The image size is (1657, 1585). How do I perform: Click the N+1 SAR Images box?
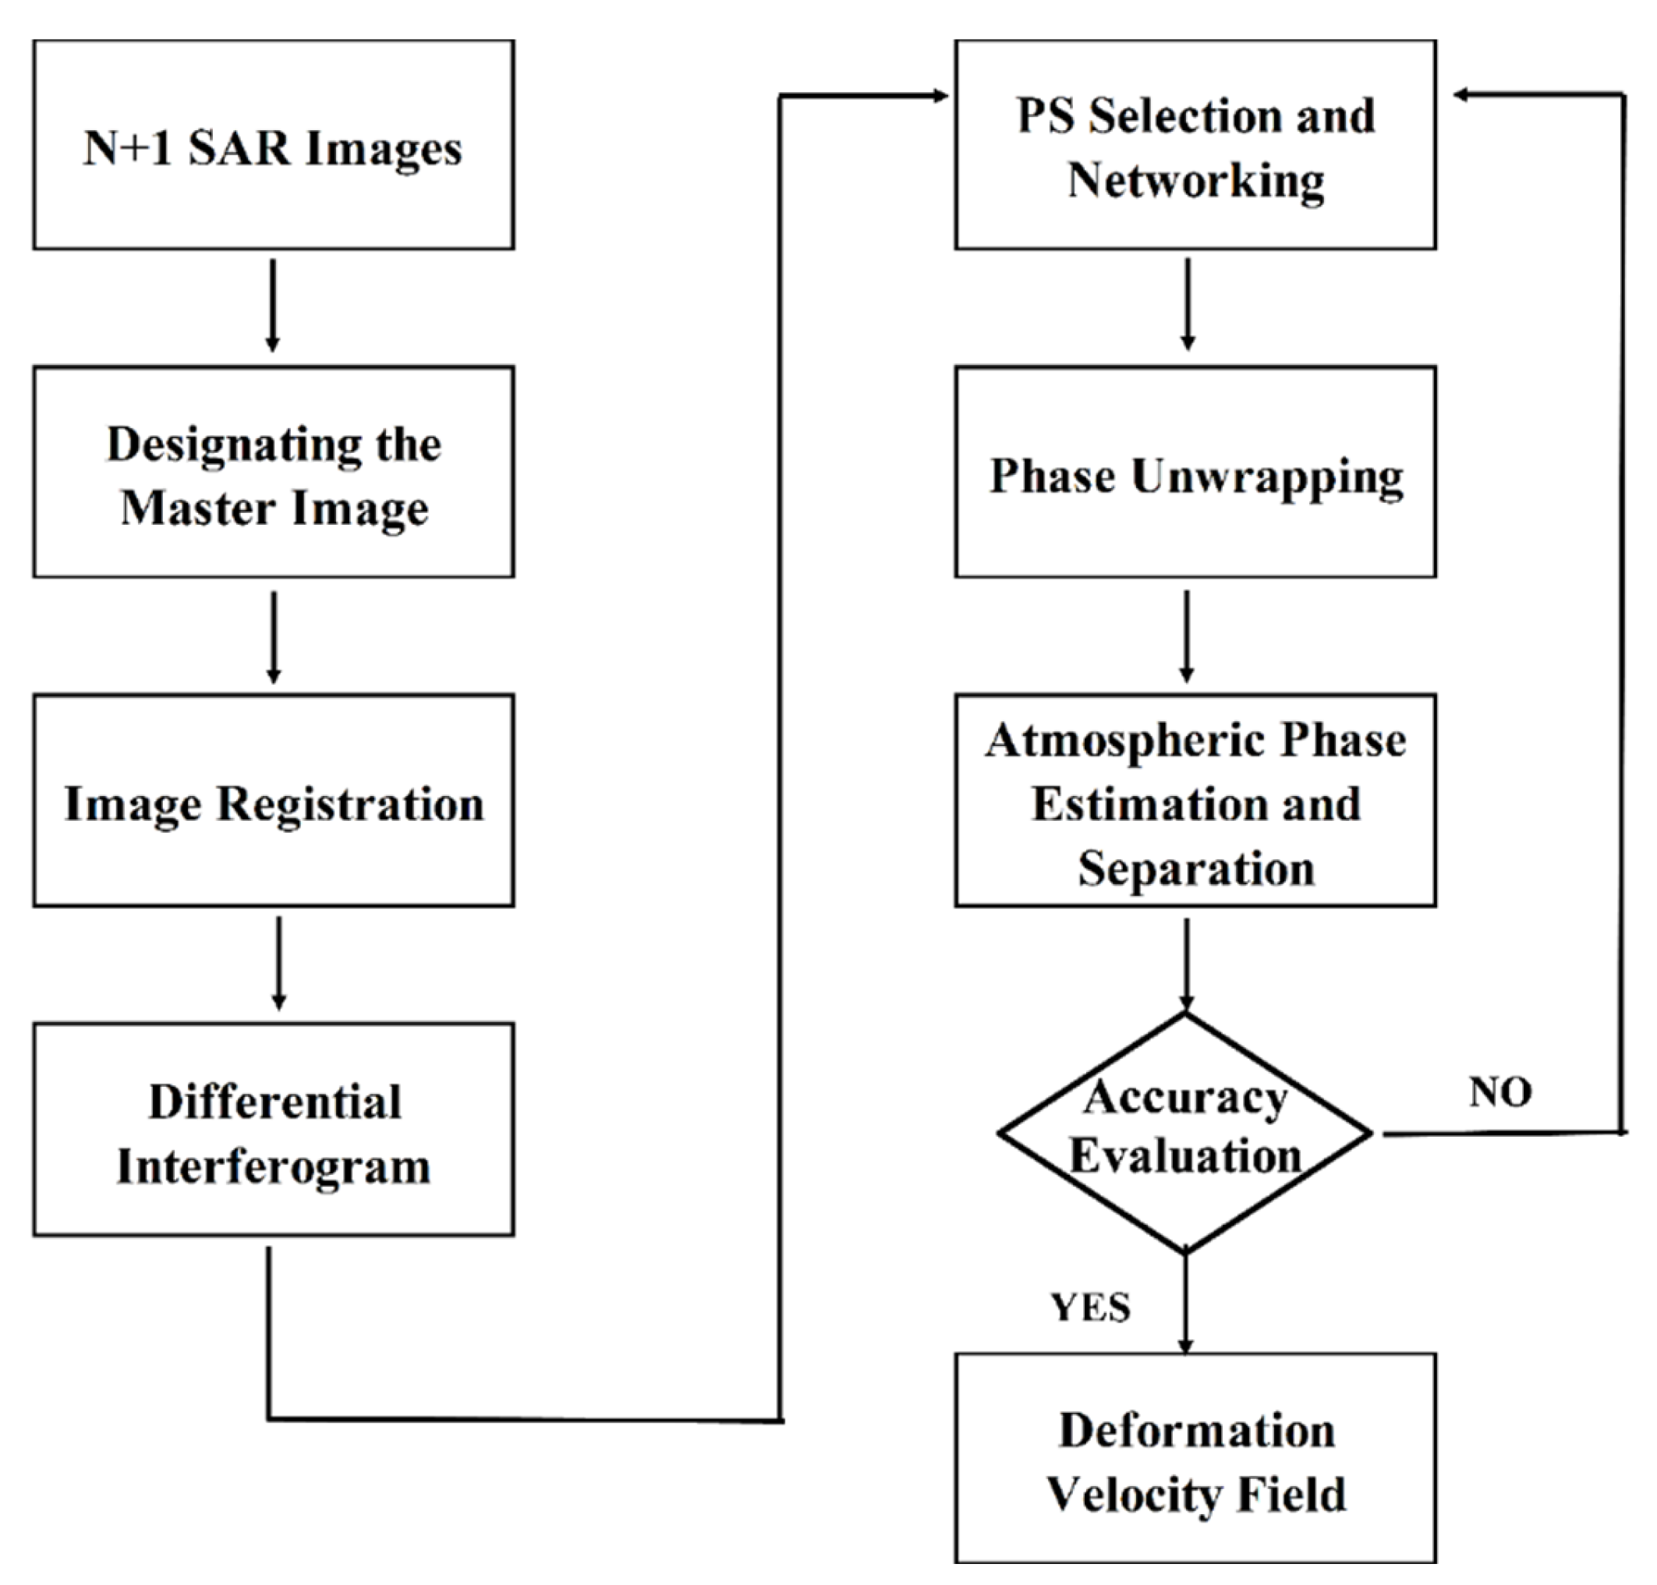(273, 144)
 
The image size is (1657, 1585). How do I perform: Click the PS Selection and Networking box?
(1195, 144)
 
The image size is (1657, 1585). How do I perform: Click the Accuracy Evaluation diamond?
(1184, 1132)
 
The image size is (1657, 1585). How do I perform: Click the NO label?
(1499, 1092)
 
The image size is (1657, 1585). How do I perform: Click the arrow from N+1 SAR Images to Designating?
(272, 305)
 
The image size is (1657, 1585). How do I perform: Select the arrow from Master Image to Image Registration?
(273, 636)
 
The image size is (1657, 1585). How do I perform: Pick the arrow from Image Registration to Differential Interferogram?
(279, 963)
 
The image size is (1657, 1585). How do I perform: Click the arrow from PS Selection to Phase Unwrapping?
(1188, 304)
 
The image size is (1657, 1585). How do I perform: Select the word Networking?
(1195, 180)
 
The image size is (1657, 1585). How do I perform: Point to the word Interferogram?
(273, 1167)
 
